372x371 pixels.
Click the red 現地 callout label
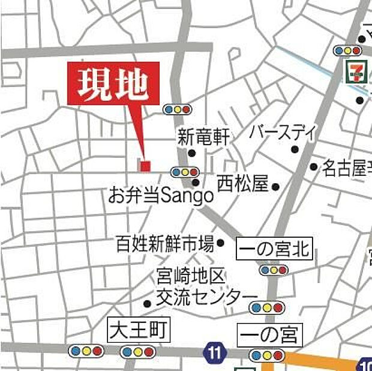tap(113, 83)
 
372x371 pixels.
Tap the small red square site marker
tap(145, 165)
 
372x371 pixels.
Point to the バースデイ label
tap(282, 131)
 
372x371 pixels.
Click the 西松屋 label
tap(242, 184)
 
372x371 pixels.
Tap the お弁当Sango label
tap(161, 195)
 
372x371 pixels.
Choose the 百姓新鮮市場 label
tap(165, 243)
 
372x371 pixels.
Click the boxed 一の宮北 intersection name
tap(275, 249)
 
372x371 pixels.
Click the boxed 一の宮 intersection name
tap(269, 334)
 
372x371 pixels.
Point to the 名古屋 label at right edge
tap(347, 168)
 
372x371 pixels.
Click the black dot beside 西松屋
tap(275, 187)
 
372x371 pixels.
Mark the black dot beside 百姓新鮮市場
tap(220, 243)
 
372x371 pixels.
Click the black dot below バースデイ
tap(295, 149)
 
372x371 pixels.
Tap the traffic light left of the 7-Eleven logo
tap(347, 50)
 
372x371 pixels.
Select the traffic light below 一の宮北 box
tap(274, 270)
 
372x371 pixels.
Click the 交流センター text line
tap(206, 297)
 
